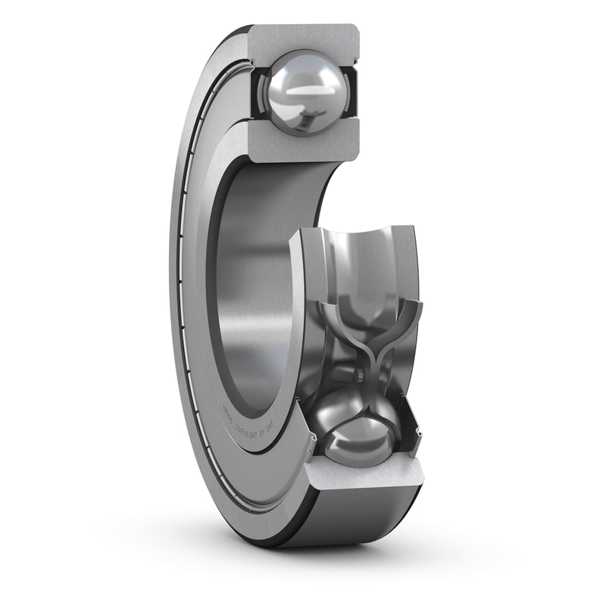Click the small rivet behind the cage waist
click(360, 375)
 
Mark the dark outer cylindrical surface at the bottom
click(356, 523)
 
